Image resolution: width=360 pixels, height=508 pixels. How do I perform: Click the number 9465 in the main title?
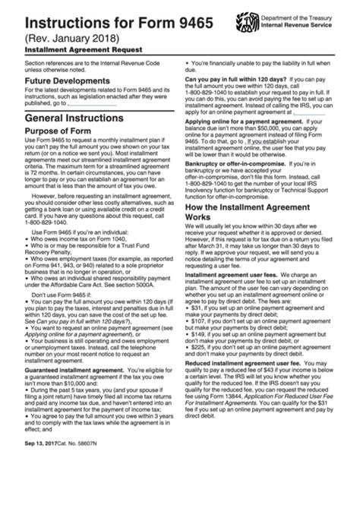point(152,14)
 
